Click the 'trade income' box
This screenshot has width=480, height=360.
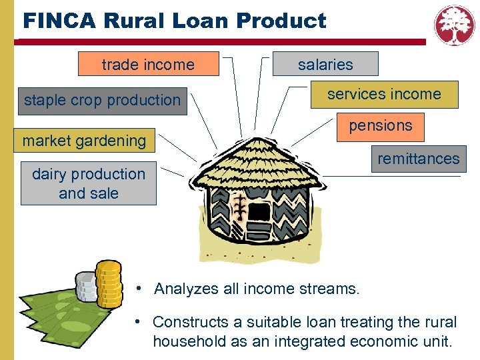tap(148, 65)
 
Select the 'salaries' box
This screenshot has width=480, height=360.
tap(325, 65)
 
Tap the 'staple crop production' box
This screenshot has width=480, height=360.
tap(103, 101)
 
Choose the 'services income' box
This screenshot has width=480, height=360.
tap(384, 95)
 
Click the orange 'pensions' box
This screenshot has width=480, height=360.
tap(381, 126)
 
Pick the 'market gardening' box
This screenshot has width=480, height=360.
tap(85, 141)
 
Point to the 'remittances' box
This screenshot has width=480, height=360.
tap(418, 159)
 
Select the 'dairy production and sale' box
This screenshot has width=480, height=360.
tap(88, 183)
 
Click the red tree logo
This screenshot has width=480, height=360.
tap(455, 25)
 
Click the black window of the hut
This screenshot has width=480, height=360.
tap(259, 212)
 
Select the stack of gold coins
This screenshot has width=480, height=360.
tap(109, 283)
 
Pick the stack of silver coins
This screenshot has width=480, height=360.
tap(87, 287)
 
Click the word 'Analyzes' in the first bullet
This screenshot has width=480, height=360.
tap(187, 289)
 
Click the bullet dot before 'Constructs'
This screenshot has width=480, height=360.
tap(137, 321)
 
